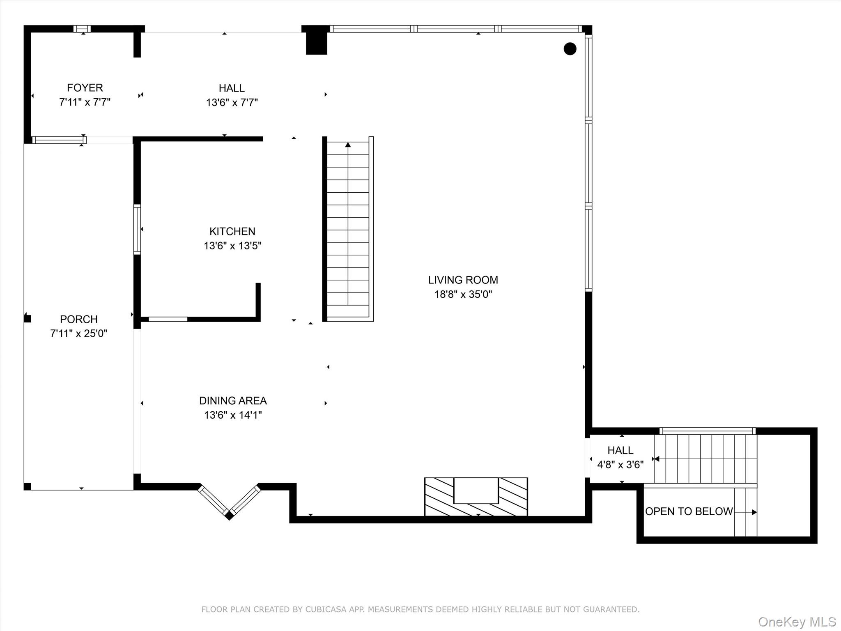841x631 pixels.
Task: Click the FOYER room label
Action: (85, 88)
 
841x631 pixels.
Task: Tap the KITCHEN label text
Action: (232, 231)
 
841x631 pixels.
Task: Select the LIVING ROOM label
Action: (463, 280)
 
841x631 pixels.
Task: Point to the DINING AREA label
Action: (233, 401)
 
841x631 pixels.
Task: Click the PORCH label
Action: (79, 319)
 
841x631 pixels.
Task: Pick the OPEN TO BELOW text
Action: (689, 511)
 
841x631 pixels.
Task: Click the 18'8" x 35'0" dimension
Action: (463, 295)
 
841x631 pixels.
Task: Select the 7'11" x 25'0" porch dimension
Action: (79, 334)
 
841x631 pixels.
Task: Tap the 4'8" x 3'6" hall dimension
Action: (620, 465)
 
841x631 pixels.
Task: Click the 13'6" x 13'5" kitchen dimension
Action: (232, 246)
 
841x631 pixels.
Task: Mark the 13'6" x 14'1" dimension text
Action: (233, 415)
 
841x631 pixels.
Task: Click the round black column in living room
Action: (570, 49)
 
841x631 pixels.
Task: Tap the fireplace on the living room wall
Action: (476, 497)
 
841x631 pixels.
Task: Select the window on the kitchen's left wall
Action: (137, 229)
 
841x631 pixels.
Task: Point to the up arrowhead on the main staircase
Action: (348, 144)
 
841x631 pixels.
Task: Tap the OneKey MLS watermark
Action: (797, 622)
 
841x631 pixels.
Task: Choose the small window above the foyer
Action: (82, 29)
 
